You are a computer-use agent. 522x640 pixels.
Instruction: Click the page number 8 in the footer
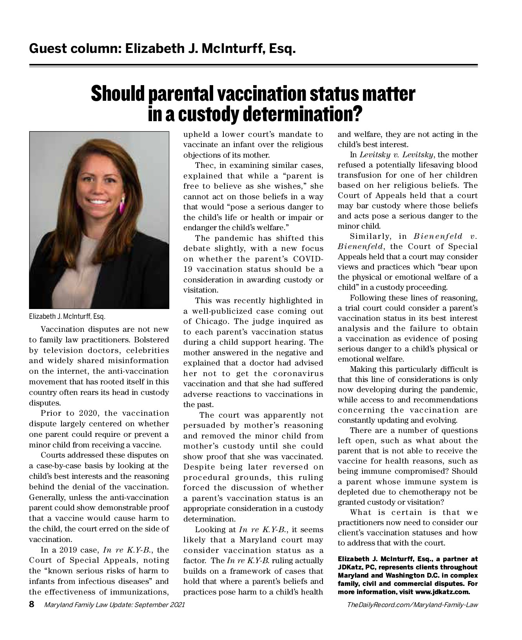[32, 604]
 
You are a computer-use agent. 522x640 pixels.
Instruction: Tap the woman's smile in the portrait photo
[98, 203]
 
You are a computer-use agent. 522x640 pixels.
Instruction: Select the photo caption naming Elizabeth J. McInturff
[67, 316]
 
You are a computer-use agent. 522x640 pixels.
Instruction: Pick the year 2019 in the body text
[85, 550]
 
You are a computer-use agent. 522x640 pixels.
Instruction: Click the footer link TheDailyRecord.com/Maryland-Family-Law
[412, 605]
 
